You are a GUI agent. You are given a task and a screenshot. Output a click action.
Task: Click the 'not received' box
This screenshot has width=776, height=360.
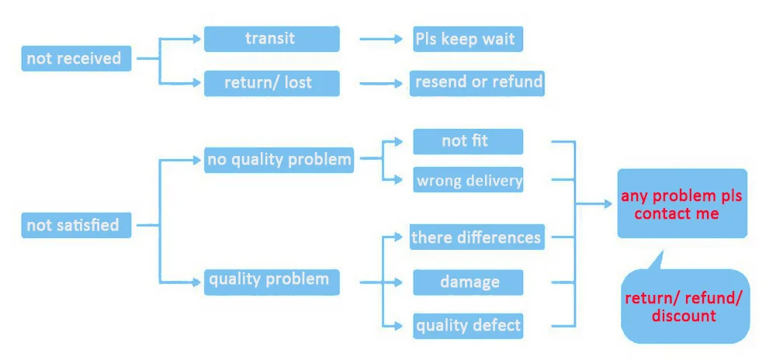coord(76,59)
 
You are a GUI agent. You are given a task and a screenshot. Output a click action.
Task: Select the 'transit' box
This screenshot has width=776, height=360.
coord(272,39)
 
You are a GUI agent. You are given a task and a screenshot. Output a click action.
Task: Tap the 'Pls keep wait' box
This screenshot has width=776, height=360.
coord(465,39)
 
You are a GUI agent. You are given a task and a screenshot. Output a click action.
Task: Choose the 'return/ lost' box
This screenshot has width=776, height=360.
coord(272,83)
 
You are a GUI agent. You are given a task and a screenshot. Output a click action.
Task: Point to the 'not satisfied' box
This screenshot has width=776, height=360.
coord(76,226)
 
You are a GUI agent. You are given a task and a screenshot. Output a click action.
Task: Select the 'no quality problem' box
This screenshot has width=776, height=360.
coord(279,161)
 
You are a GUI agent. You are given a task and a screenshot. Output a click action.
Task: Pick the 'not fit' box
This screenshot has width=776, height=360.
coord(467,141)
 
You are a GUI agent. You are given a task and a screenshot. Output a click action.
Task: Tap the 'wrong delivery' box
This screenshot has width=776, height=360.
coord(469,181)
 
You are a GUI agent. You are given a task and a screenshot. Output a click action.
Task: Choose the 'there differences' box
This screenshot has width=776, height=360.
coord(476,237)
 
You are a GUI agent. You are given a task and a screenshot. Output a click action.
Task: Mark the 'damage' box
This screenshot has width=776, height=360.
coord(468,282)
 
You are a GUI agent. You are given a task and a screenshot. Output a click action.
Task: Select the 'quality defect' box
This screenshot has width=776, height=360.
coord(468,325)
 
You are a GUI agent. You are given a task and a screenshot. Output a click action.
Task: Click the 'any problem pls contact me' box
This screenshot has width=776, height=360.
coord(682,204)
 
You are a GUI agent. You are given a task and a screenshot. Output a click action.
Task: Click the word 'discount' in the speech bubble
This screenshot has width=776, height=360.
coord(684,316)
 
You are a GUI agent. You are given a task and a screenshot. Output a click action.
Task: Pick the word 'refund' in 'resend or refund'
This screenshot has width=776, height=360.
coord(517,82)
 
